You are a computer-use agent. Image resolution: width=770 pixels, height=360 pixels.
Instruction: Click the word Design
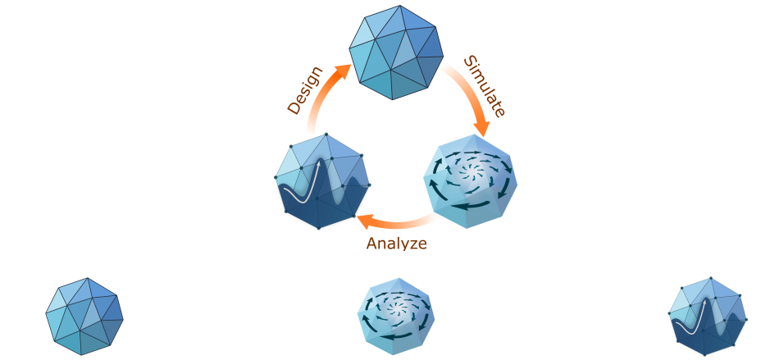click(x=305, y=91)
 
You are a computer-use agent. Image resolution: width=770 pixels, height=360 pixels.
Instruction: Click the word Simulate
click(x=484, y=86)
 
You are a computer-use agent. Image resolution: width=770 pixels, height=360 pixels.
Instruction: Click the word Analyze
click(x=396, y=243)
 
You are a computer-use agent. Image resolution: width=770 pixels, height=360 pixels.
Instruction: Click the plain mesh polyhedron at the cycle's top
click(x=396, y=52)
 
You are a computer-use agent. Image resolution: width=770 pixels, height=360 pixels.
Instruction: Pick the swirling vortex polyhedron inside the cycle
click(x=471, y=181)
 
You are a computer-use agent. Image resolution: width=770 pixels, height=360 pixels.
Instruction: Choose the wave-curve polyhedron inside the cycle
click(x=322, y=181)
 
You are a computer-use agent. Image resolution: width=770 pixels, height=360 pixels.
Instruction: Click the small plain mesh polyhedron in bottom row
click(x=84, y=317)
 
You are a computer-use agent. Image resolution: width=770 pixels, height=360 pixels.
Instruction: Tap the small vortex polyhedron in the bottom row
click(x=396, y=317)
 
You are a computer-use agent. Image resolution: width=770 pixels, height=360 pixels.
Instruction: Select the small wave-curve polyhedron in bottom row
click(x=708, y=317)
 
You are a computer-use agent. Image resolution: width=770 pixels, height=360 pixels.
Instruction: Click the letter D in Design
click(x=294, y=108)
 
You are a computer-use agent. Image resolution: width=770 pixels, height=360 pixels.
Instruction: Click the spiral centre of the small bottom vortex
click(x=396, y=308)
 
